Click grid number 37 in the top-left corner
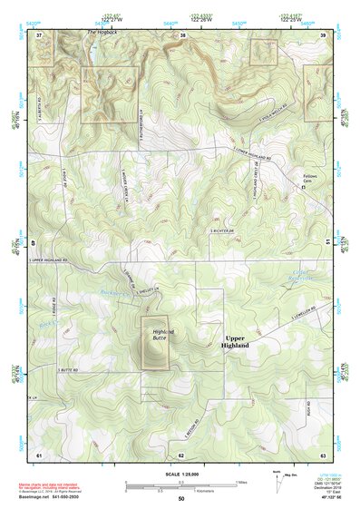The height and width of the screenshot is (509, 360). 39,34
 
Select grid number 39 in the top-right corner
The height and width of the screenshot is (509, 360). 323,34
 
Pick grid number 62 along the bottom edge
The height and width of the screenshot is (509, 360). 180,455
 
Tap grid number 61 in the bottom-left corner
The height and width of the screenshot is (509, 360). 39,455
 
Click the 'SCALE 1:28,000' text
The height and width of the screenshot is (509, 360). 180,474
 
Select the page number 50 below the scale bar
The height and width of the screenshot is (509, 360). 180,499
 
